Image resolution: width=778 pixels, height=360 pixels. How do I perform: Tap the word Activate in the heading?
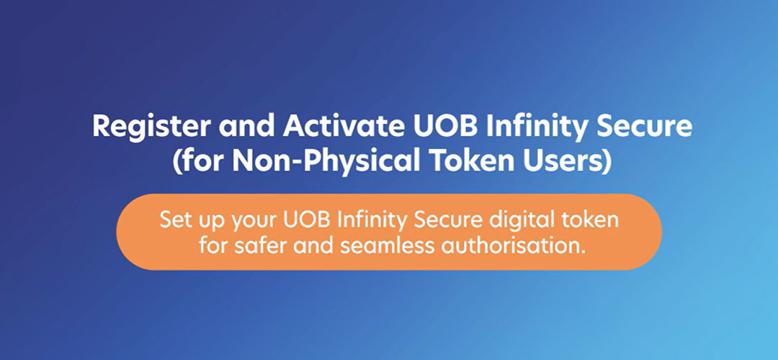(x=337, y=127)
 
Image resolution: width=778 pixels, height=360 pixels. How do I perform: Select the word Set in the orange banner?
(x=174, y=218)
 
